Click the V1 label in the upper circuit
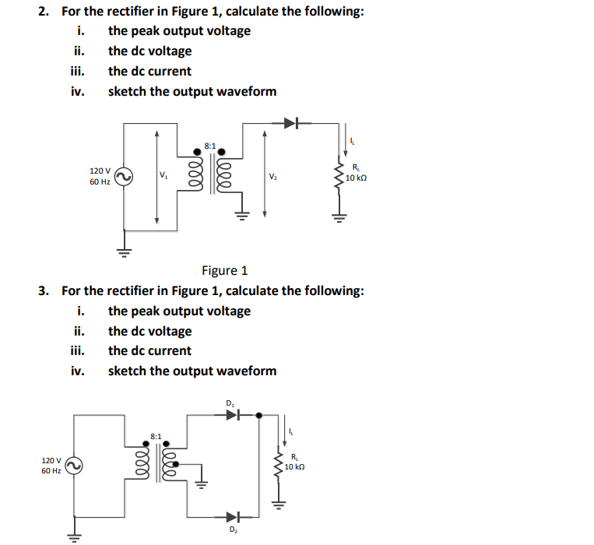(163, 175)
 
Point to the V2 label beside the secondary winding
(272, 176)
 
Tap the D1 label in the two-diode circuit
(230, 403)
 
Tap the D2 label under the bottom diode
(232, 530)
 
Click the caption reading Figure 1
(224, 271)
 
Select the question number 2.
(45, 12)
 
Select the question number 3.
(45, 291)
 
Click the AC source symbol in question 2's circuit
(122, 178)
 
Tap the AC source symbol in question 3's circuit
(75, 466)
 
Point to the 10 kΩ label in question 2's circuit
(356, 178)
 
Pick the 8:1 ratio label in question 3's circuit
(156, 437)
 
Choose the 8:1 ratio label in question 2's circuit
(210, 146)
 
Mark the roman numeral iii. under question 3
(78, 351)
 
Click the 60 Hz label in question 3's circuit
(51, 471)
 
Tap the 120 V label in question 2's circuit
(100, 170)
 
